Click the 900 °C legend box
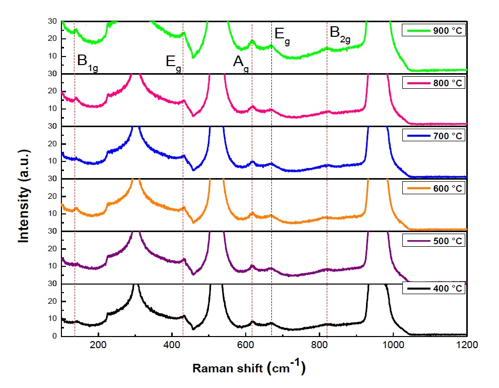tap(434, 31)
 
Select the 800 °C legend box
tap(434, 83)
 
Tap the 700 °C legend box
tap(434, 136)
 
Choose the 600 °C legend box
tap(434, 188)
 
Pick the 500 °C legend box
tap(434, 241)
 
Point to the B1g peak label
tap(87, 62)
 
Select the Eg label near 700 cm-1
tap(282, 36)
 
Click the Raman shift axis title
tap(249, 368)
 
